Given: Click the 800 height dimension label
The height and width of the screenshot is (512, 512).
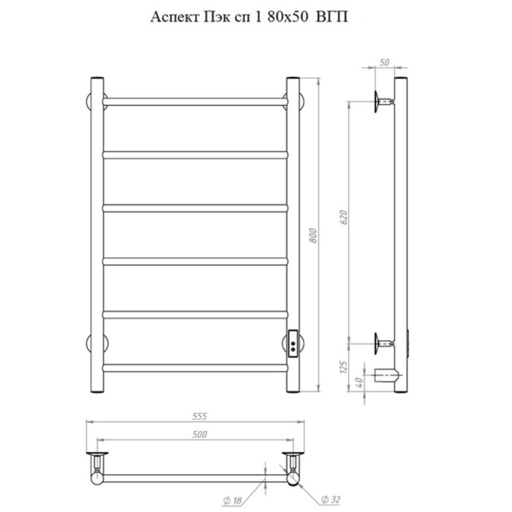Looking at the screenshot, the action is click(312, 236).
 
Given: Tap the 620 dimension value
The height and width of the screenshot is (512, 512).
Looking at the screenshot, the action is click(344, 217).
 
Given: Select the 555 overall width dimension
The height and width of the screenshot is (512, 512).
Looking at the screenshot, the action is click(200, 416).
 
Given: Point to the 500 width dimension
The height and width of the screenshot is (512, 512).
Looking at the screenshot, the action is click(200, 434).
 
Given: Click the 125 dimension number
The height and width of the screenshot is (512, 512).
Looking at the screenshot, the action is click(343, 367).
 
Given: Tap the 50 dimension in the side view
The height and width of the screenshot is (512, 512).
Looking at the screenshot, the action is click(385, 62).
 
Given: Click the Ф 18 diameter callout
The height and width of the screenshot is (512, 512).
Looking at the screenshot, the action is click(232, 500).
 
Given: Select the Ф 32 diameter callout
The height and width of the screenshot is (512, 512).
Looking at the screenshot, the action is click(331, 500).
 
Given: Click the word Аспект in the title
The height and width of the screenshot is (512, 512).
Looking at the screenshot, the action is click(174, 18).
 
